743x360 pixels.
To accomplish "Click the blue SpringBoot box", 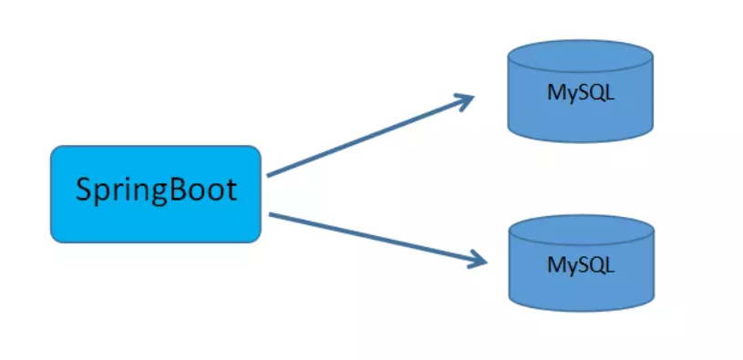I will [155, 194].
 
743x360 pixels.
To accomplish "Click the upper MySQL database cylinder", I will [580, 95].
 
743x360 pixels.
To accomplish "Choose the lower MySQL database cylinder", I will [580, 266].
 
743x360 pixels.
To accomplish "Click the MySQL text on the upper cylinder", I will [580, 93].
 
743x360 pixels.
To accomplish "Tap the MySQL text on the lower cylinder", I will [581, 265].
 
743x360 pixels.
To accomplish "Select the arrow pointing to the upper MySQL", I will [369, 136].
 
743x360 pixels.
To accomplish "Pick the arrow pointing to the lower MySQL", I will [374, 239].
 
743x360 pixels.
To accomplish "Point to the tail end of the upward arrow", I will [270, 174].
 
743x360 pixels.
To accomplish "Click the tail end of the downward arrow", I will [272, 214].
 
